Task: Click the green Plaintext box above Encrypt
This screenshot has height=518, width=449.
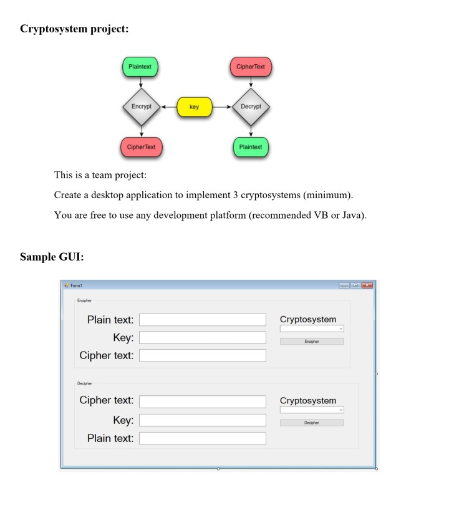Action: pos(141,66)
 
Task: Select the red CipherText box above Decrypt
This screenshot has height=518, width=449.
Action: pos(251,66)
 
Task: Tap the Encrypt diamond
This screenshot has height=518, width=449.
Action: pos(141,107)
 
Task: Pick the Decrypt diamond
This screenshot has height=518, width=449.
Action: pos(251,107)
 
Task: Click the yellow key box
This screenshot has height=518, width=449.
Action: pos(195,107)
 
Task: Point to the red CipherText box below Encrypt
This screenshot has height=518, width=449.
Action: pos(141,147)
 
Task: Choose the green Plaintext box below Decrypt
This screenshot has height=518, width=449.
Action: pos(251,147)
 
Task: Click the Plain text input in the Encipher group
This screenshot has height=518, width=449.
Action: pos(202,320)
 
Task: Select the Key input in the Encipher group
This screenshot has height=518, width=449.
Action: pos(202,338)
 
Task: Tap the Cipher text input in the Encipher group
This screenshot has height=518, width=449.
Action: pos(202,355)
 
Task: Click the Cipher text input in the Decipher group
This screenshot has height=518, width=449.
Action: pos(202,401)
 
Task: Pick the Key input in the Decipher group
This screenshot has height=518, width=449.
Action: pos(202,420)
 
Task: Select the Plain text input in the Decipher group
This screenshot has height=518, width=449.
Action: pos(202,438)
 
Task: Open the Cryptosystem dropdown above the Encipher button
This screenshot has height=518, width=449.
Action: pos(312,329)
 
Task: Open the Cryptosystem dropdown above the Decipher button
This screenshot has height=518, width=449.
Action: pos(312,410)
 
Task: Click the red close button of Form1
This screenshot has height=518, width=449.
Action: pos(367,285)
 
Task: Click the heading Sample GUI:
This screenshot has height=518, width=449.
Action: pos(52,256)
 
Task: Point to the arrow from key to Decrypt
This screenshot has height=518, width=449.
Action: pos(222,107)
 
